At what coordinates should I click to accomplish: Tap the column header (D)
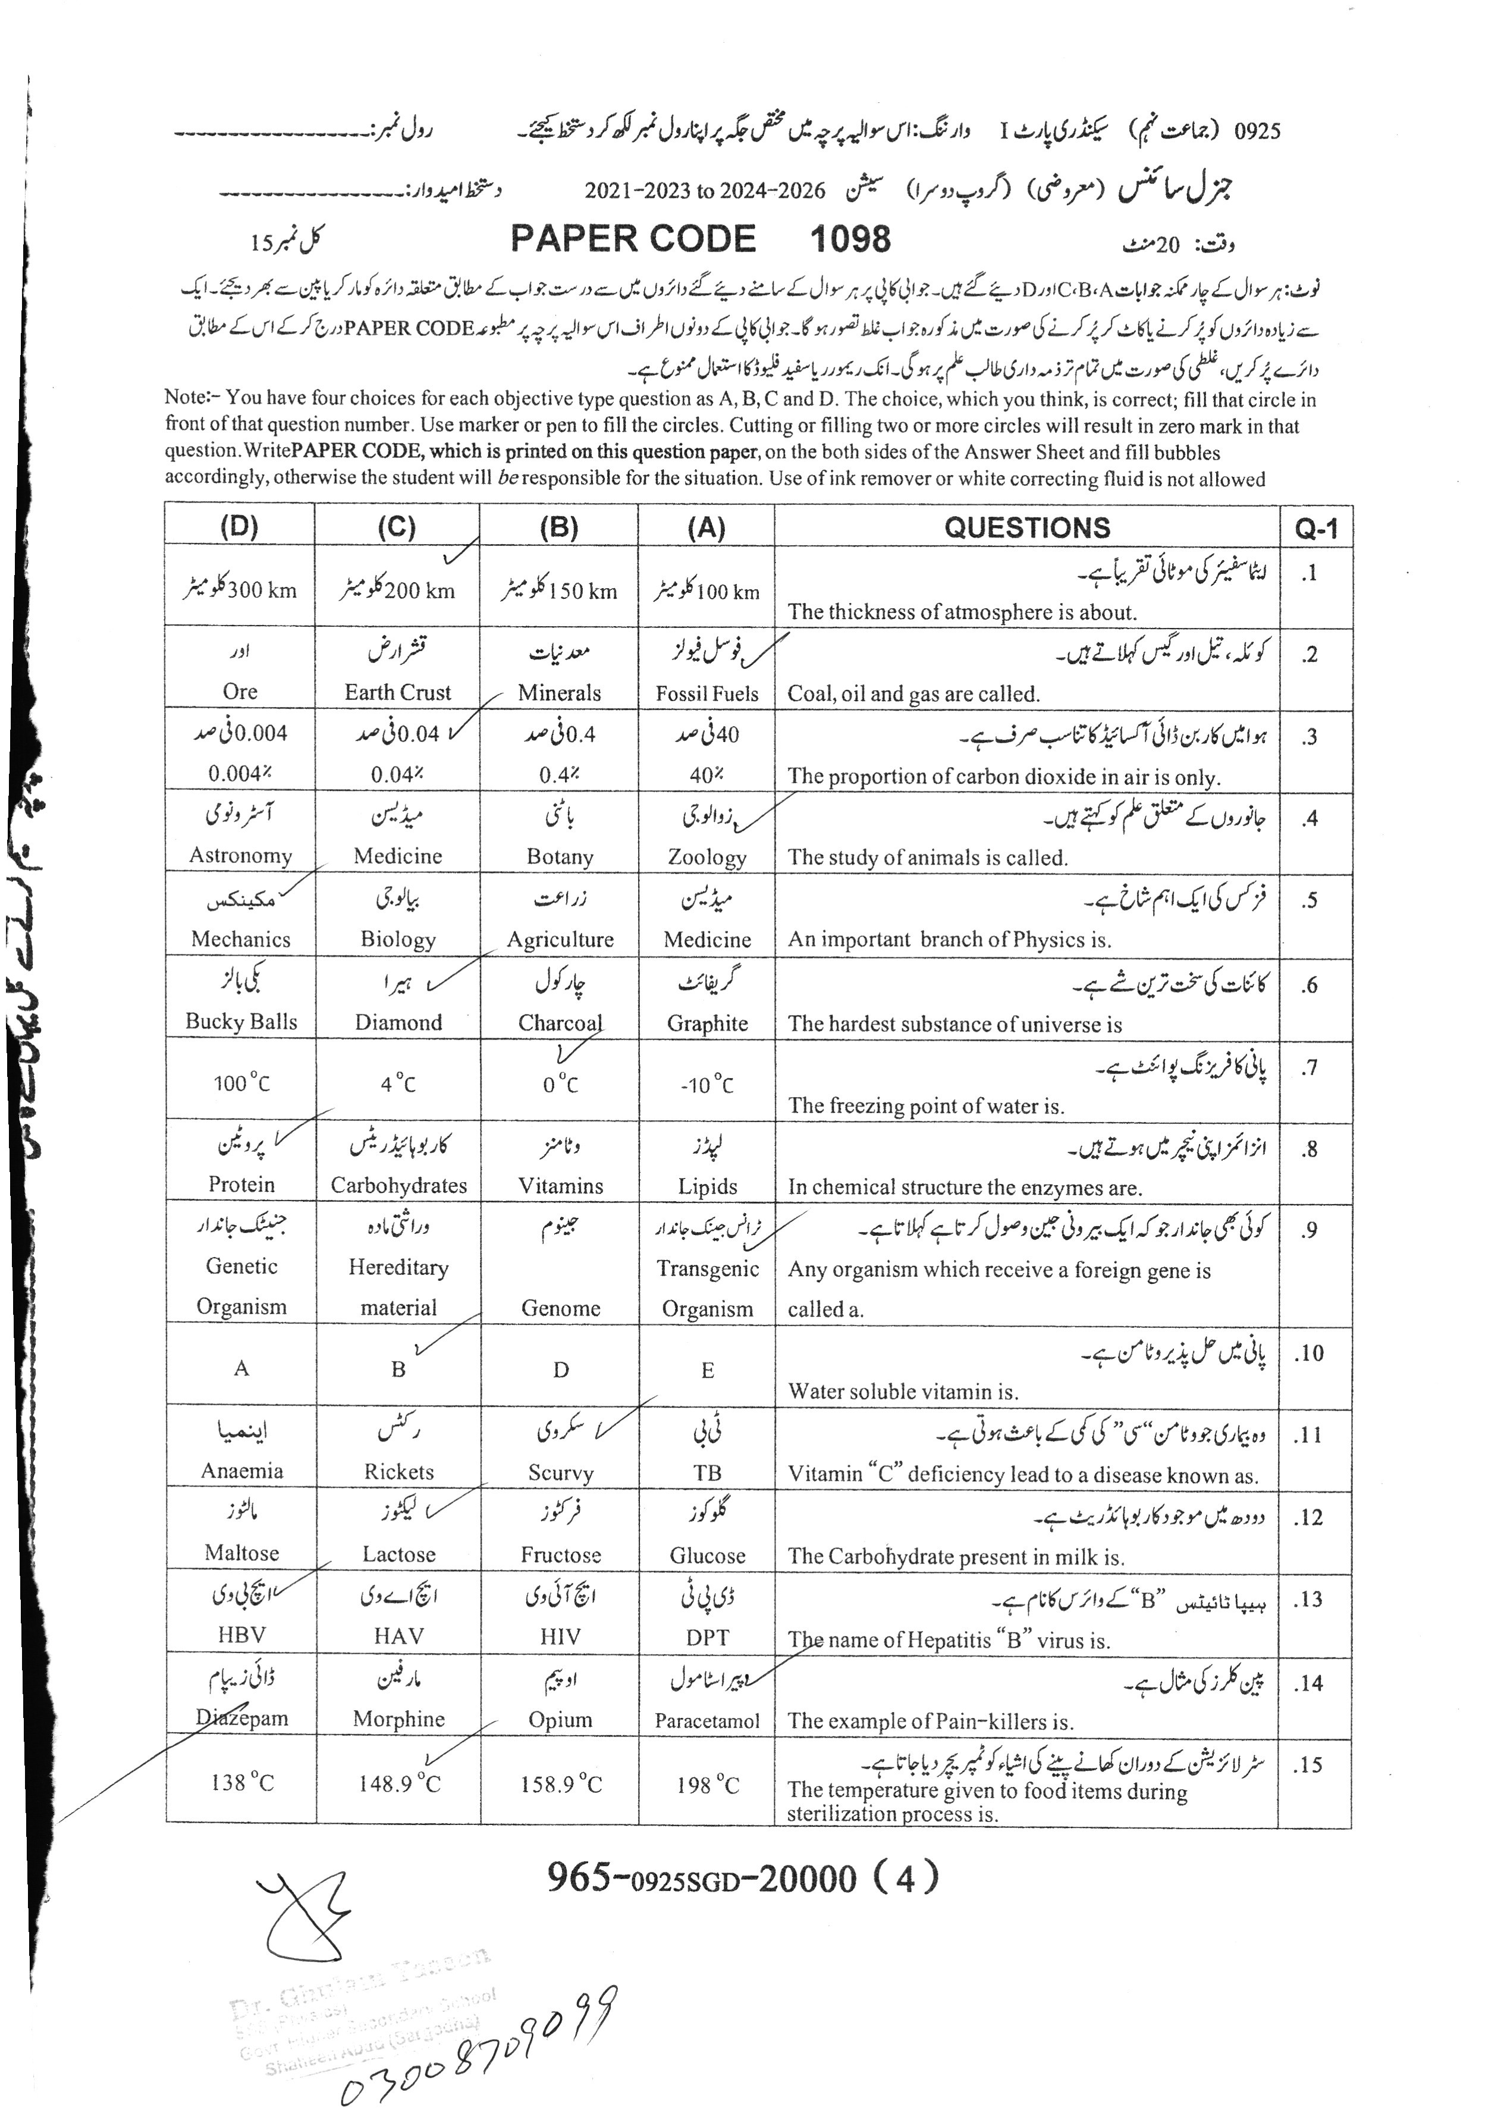[x=239, y=527]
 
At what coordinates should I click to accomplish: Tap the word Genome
[x=560, y=1308]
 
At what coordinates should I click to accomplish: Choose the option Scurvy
[x=560, y=1472]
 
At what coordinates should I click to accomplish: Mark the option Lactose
[x=398, y=1554]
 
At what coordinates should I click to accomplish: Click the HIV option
[x=560, y=1636]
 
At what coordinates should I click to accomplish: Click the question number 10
[x=1308, y=1354]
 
